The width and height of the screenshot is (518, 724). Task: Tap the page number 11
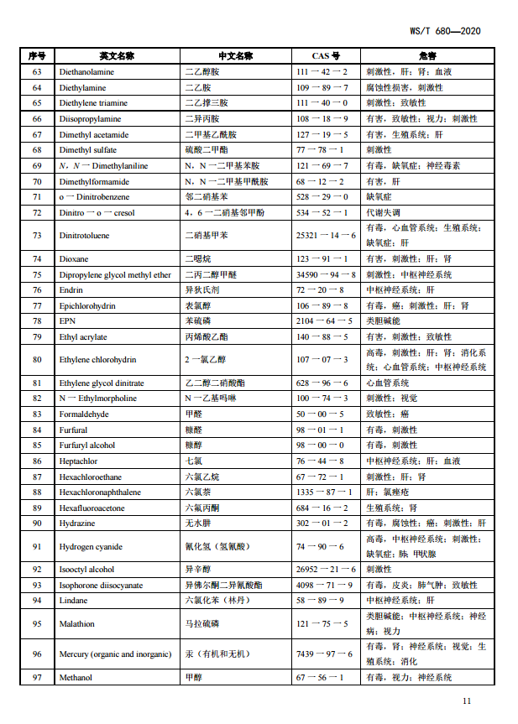click(466, 701)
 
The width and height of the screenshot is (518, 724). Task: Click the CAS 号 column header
click(326, 56)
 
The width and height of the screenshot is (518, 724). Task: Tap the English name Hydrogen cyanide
click(91, 547)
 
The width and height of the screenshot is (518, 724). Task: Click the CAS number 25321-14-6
click(326, 236)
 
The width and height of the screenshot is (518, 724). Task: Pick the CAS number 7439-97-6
click(326, 654)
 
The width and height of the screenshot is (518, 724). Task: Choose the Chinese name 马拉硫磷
click(199, 624)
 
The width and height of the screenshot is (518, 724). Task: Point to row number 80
click(37, 360)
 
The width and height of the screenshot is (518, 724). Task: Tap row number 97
click(37, 678)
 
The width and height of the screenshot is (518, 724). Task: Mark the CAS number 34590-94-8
click(326, 274)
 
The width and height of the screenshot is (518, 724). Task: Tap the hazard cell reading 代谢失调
click(382, 212)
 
